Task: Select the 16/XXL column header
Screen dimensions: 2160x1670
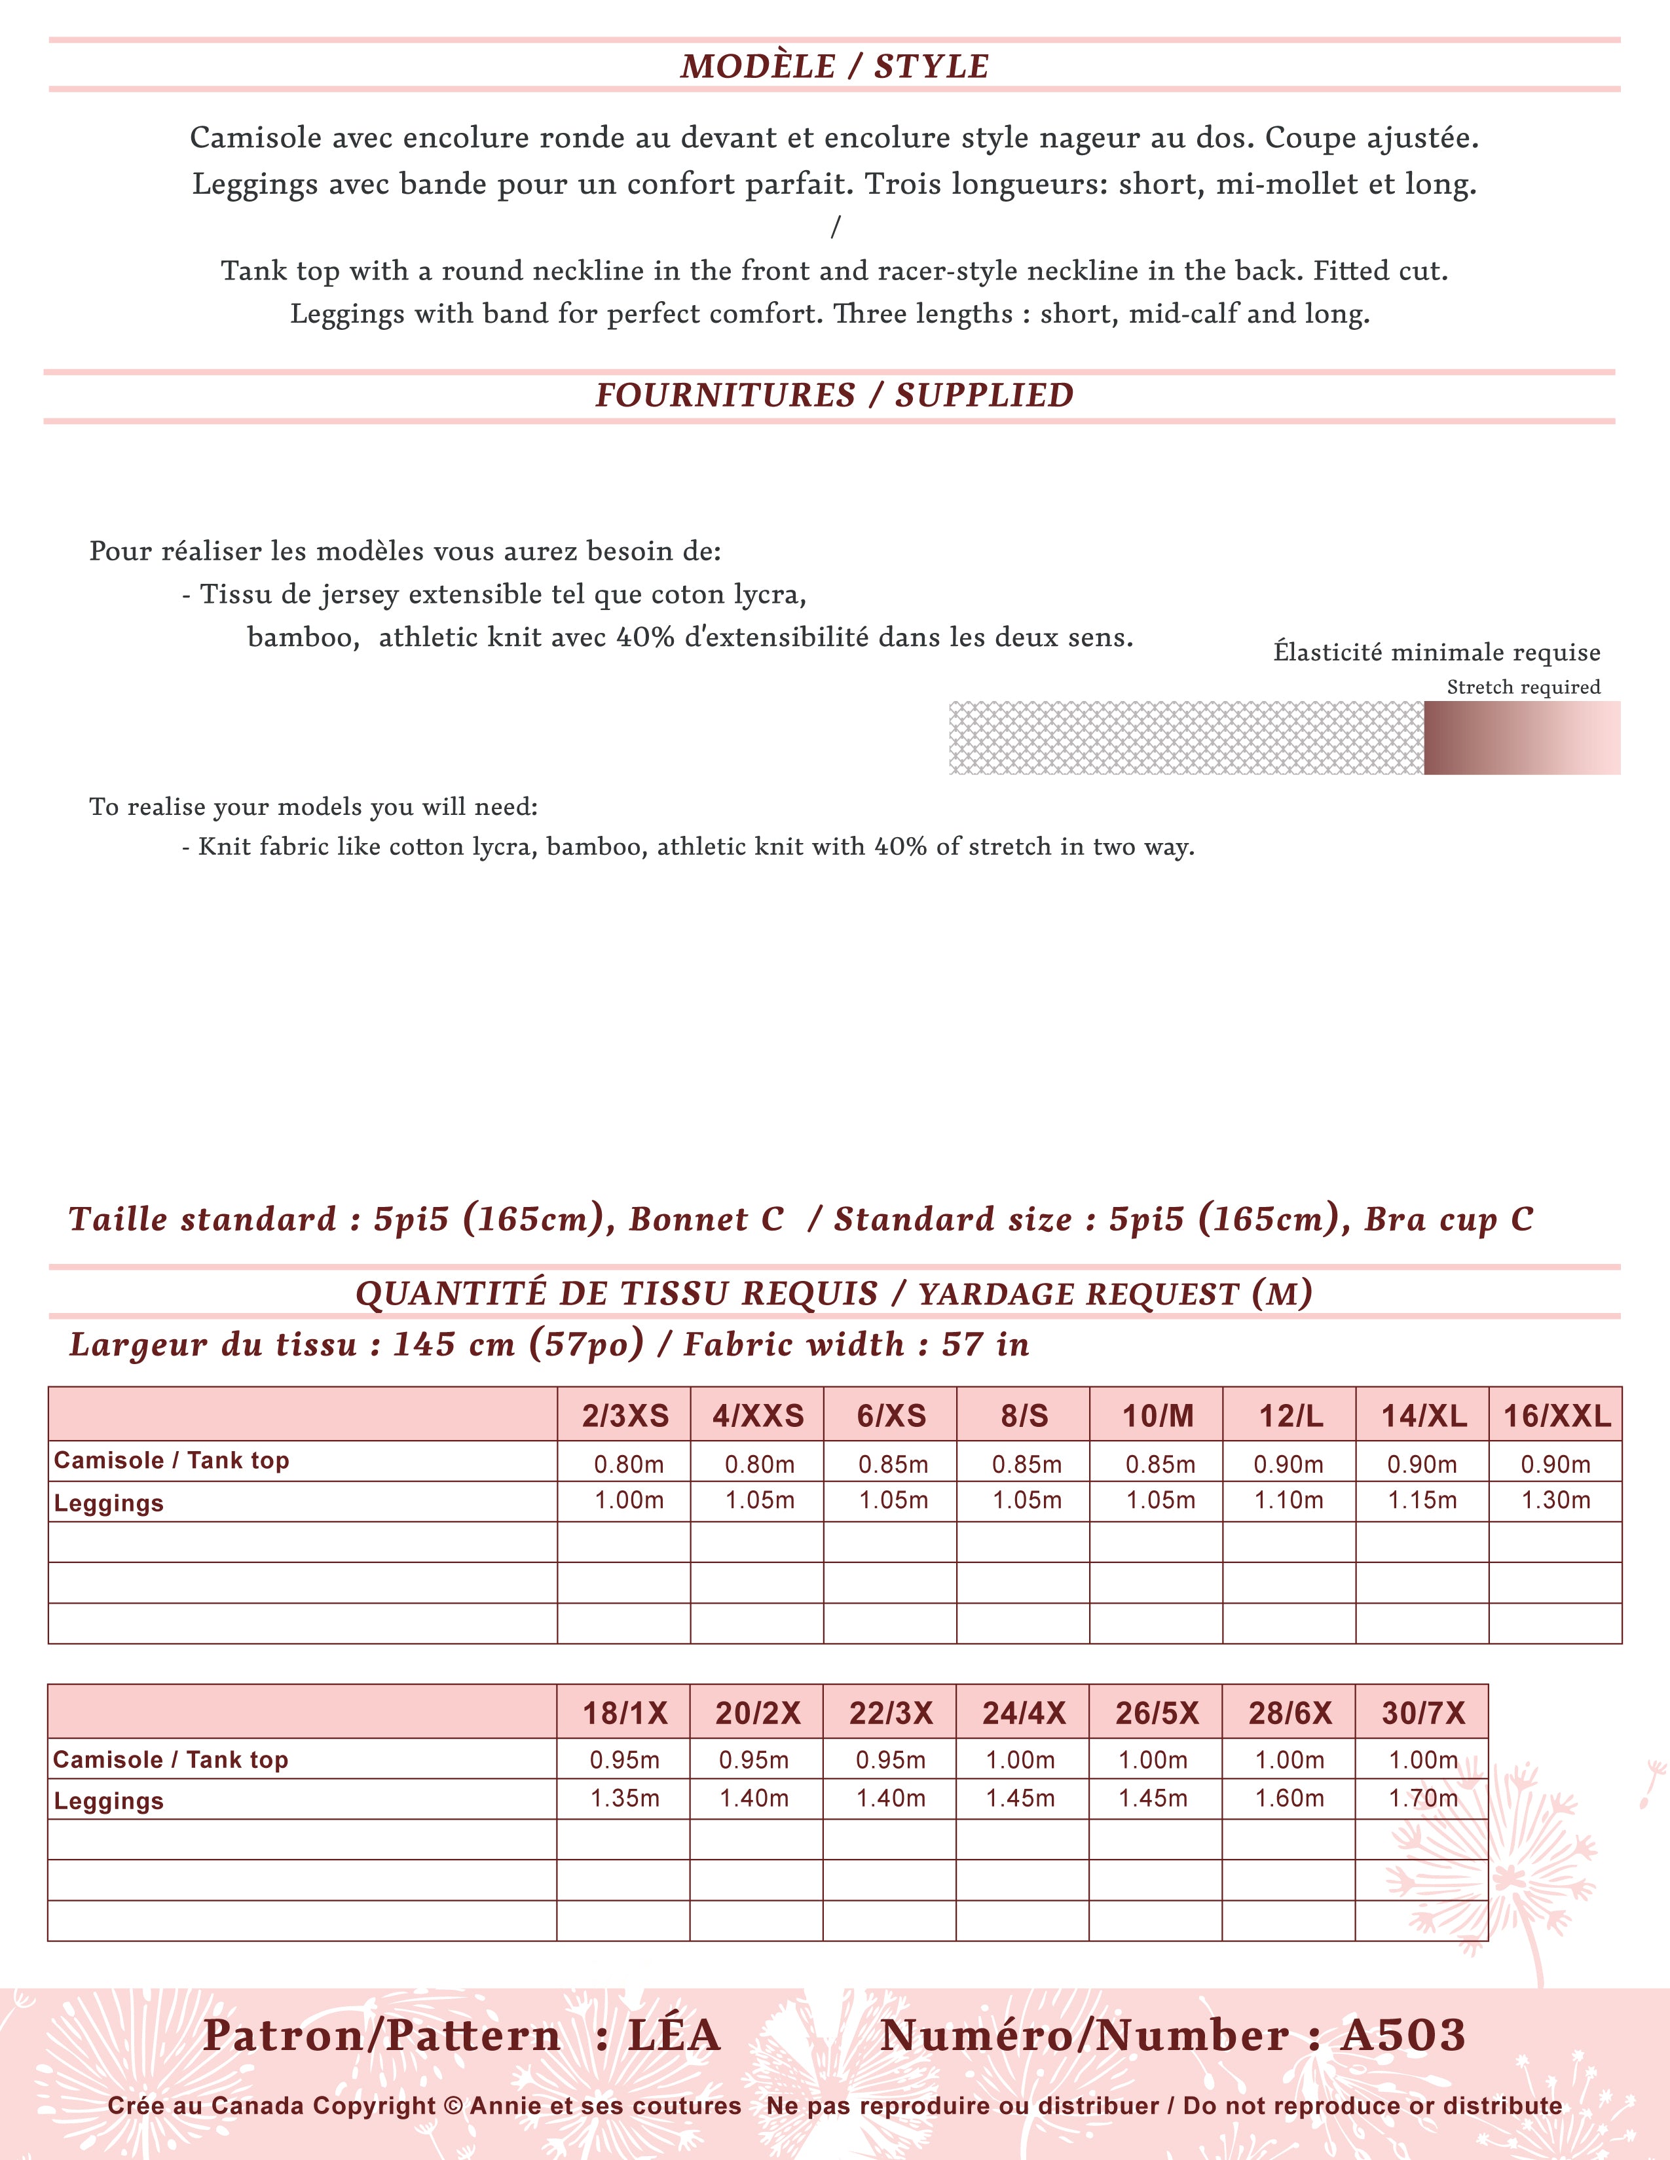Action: tap(1556, 1416)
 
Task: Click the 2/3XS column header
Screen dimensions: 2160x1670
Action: tap(625, 1416)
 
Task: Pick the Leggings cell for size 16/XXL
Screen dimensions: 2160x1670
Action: tap(1555, 1500)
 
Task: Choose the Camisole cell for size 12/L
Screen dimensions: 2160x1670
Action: tap(1288, 1464)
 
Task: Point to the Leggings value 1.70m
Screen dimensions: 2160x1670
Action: tap(1422, 1798)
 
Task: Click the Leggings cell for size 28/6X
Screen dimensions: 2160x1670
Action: tap(1289, 1798)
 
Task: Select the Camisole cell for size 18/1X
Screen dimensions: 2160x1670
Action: tap(624, 1759)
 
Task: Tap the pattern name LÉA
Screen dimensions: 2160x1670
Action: tap(674, 2036)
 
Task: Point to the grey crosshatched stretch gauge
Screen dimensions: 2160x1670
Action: tap(1185, 738)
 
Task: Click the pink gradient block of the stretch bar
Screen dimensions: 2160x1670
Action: tap(1521, 738)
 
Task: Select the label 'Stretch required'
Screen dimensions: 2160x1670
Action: tap(1523, 687)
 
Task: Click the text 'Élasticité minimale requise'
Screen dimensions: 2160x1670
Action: tap(1436, 653)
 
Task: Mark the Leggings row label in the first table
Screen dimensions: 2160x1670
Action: tap(109, 1503)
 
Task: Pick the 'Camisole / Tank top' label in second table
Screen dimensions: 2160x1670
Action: tap(170, 1759)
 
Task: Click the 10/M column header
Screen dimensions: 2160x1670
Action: tap(1157, 1416)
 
